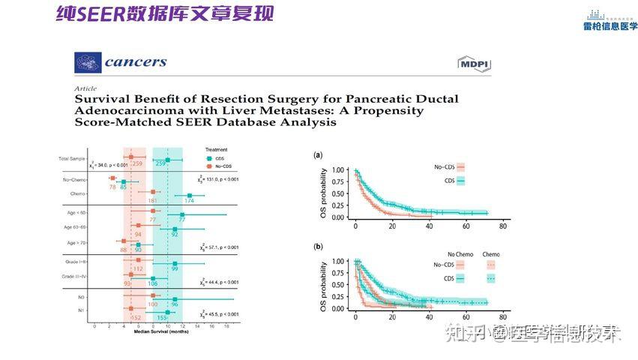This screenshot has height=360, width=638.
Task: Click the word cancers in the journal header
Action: point(135,61)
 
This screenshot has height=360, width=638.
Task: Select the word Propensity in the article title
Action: point(393,110)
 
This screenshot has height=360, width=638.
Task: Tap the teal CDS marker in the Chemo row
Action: point(189,196)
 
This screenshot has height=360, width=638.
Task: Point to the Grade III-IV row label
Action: point(76,277)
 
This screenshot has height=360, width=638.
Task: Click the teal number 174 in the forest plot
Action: point(189,201)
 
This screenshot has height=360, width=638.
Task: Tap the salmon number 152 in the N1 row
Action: point(136,318)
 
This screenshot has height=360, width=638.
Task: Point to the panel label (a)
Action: point(318,155)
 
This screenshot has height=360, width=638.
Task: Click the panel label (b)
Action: point(318,246)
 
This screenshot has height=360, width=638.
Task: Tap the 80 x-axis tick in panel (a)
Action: point(503,226)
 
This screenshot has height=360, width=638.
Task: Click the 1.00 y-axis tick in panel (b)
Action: point(338,262)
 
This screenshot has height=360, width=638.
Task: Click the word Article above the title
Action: point(85,88)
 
